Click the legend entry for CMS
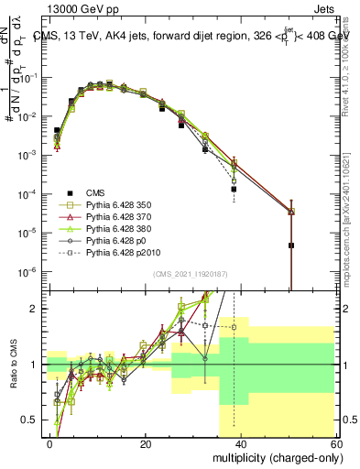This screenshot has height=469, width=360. (94, 192)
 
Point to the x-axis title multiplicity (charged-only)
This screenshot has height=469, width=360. (276, 456)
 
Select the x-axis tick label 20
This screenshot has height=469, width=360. (146, 443)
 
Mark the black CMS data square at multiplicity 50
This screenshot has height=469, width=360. (290, 245)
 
